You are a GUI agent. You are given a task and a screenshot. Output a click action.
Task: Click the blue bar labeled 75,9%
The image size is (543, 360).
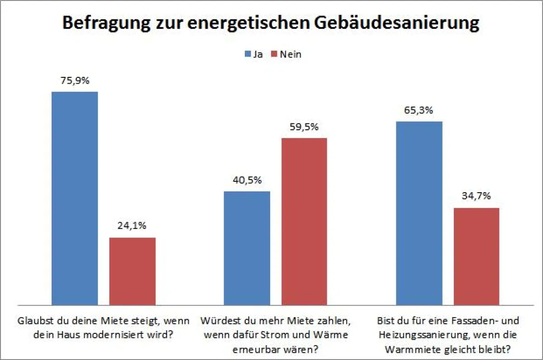(75, 198)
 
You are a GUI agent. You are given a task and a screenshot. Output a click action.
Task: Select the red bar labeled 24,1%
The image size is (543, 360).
(133, 271)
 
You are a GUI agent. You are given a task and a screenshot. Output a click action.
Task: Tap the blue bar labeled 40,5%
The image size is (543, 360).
(247, 248)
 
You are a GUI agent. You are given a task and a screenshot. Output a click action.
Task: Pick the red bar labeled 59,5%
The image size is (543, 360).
(304, 221)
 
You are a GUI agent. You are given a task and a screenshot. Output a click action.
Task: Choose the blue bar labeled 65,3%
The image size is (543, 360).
(419, 213)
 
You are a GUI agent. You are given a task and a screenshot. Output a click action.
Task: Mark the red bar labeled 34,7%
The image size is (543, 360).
(476, 256)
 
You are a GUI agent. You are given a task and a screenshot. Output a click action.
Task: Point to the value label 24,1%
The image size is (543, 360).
(133, 226)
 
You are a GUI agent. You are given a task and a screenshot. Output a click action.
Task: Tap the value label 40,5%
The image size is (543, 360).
(247, 180)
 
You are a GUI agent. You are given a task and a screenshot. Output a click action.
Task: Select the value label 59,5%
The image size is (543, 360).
(304, 127)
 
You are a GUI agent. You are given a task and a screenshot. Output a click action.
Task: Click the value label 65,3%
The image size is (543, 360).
(419, 110)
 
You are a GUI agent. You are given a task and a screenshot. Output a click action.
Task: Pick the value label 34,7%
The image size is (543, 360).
(476, 197)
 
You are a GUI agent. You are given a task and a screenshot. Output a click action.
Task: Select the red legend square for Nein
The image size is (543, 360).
(274, 55)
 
